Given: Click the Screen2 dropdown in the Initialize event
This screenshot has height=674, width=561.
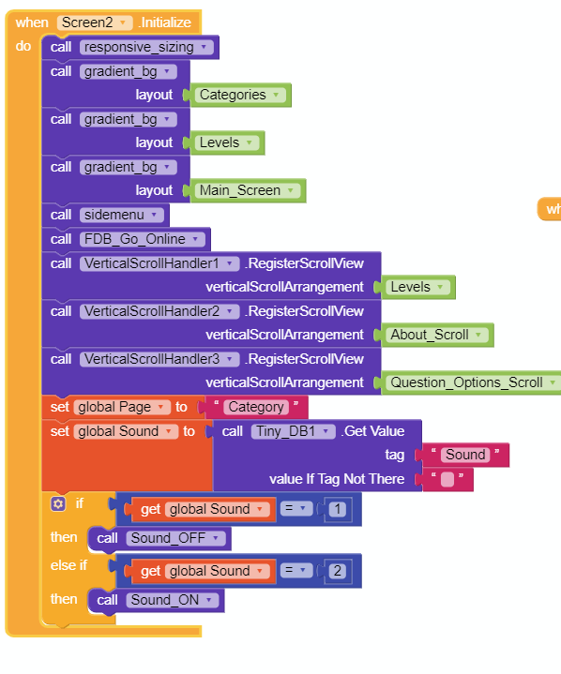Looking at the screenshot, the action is [x=95, y=22].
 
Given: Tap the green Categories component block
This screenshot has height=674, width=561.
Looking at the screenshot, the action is [x=240, y=95].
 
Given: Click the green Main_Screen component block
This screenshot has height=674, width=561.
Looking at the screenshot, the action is [x=247, y=190].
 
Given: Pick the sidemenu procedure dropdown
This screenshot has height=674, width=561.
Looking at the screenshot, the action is [x=122, y=215].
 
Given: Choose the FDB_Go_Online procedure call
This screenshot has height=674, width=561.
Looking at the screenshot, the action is [x=126, y=239].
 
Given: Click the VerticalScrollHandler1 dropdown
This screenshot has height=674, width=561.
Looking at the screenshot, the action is [x=159, y=263].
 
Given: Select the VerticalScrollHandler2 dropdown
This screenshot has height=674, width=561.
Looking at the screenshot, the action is [x=159, y=311].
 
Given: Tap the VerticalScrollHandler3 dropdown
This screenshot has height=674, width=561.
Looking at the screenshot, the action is [x=159, y=359].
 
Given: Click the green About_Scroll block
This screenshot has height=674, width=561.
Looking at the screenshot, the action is [x=436, y=335].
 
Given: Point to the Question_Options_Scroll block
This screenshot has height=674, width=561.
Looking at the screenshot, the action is [x=471, y=382].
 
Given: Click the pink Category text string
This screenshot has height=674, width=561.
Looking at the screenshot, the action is [x=256, y=407].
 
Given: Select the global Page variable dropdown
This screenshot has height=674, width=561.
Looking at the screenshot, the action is [x=120, y=407].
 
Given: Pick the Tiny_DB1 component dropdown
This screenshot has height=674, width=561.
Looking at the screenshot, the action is [x=293, y=431].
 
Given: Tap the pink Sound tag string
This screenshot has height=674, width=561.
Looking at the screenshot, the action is [x=465, y=455].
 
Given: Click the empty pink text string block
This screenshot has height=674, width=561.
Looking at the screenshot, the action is [x=447, y=479].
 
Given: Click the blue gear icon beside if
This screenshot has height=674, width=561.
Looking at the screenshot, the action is [x=58, y=503].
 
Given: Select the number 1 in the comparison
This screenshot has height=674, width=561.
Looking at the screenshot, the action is [x=338, y=509].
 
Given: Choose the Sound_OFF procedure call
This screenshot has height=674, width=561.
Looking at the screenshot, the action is [x=159, y=538].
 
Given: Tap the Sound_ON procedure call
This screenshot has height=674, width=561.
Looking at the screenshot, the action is [x=156, y=600].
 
